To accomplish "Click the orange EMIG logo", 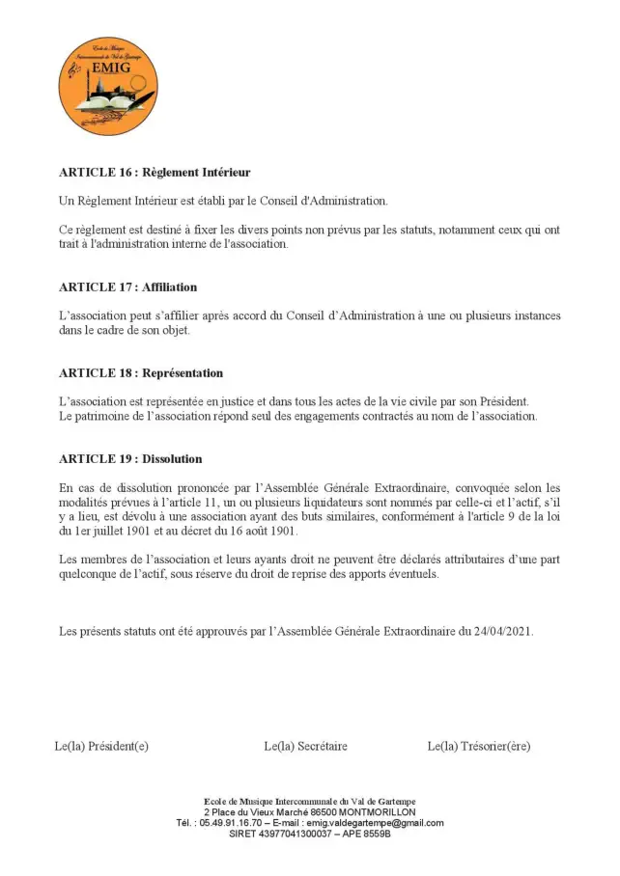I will (x=108, y=86).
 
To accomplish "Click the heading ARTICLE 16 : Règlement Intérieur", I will (x=155, y=173).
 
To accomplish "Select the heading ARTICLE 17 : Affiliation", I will (x=128, y=287).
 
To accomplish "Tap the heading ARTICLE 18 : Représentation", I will (x=141, y=373).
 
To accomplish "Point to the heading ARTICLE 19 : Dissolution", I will (x=130, y=459).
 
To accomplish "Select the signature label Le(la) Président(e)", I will (x=101, y=746).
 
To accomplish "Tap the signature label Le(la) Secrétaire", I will (x=305, y=746).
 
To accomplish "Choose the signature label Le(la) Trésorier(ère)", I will (x=479, y=746).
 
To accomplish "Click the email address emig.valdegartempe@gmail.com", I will (x=375, y=823).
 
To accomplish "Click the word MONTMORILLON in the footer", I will (x=372, y=812).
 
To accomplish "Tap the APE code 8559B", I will (x=376, y=834).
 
